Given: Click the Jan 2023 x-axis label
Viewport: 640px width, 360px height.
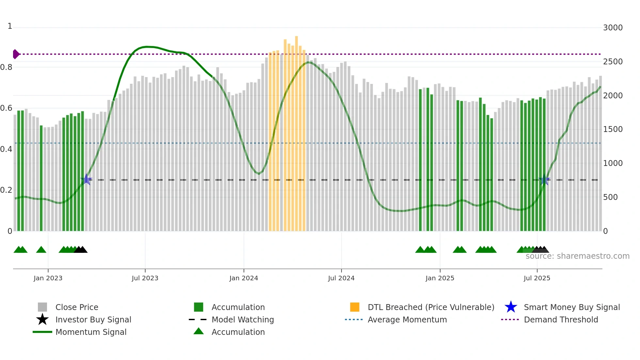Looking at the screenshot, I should coord(48,278).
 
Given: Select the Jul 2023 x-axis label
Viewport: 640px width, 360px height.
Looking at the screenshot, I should coord(145,278).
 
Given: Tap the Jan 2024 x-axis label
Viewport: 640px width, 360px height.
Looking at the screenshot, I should coord(244,278).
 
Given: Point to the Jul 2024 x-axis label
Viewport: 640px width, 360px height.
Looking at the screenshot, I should coord(341,278).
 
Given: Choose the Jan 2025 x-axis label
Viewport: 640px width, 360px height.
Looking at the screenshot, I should coord(440,278).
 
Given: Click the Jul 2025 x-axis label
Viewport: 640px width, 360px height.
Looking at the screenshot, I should coord(537,278).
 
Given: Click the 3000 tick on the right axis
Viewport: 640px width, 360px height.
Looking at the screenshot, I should coord(613,28).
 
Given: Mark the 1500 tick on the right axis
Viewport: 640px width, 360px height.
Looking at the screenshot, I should coord(613,129).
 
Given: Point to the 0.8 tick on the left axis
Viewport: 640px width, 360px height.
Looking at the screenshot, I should coord(6,67).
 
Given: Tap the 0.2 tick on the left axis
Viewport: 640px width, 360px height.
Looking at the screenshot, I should coord(6,190).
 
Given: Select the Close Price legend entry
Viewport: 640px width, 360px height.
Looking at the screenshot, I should coord(77,307).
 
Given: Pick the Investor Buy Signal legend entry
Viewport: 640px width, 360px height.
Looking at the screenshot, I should coord(93,320).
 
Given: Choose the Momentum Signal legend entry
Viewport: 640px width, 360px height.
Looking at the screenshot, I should coord(91,332).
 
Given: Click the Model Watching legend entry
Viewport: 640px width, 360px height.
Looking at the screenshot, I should coord(243,320).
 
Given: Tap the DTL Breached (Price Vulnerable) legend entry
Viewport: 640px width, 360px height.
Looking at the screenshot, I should coord(431,307).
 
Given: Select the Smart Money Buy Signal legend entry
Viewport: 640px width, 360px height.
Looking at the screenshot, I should coord(571,307).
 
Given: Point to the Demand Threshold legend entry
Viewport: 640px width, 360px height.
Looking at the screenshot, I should coord(561,320).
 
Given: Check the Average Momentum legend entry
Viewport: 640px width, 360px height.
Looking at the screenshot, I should coord(407,320).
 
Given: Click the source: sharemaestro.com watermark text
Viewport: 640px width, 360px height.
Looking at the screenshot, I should coord(577,256).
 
